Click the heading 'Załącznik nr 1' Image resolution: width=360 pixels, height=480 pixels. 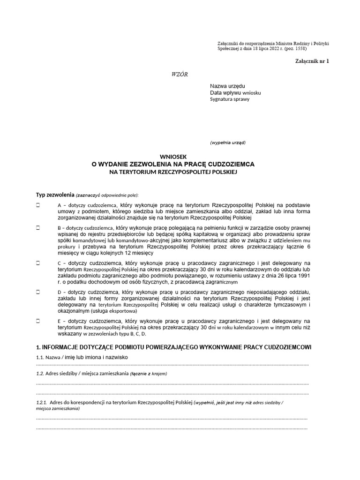(x=312, y=61)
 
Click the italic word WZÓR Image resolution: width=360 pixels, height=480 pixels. (x=180, y=75)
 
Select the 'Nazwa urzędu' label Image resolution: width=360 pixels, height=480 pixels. (x=227, y=86)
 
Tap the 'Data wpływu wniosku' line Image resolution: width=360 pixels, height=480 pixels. (x=235, y=93)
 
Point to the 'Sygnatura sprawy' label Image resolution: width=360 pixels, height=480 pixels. (x=230, y=99)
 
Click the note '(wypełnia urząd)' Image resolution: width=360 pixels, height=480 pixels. (x=227, y=142)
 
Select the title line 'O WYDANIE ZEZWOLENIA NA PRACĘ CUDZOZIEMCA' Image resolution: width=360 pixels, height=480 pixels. (x=173, y=165)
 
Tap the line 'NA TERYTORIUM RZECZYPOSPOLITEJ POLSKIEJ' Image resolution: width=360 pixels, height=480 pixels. (x=173, y=172)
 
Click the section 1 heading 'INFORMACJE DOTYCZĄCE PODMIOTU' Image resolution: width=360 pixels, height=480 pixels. (x=173, y=347)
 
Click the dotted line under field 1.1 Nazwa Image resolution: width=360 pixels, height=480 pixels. (x=172, y=364)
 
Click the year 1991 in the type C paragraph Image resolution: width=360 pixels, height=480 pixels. (x=303, y=276)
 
